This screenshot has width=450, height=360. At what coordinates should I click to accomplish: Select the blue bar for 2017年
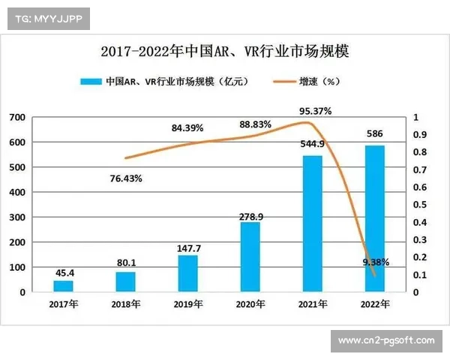click(x=64, y=286)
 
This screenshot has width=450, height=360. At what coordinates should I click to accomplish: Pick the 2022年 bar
click(x=374, y=218)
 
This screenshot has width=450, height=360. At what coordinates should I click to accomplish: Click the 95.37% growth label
click(x=315, y=111)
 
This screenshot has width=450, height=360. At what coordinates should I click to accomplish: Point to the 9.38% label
click(x=375, y=262)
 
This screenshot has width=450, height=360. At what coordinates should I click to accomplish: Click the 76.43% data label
click(x=126, y=178)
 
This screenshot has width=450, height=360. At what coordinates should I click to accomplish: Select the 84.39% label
click(x=187, y=128)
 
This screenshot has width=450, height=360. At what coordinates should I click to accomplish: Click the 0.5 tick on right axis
click(x=419, y=205)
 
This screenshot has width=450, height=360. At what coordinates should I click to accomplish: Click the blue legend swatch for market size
click(x=90, y=81)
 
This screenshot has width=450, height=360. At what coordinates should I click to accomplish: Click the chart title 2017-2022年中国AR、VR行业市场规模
click(x=225, y=52)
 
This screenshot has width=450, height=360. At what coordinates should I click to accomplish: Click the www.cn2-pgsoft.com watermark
click(x=386, y=340)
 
